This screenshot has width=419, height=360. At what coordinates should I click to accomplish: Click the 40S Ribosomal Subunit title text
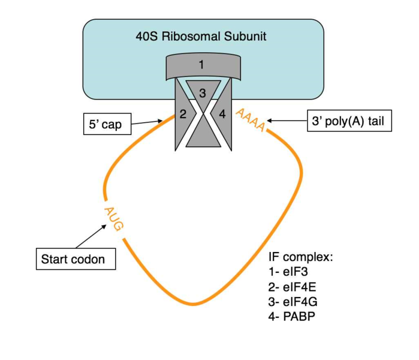click(x=201, y=37)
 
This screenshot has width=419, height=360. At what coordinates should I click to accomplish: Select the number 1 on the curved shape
click(x=201, y=64)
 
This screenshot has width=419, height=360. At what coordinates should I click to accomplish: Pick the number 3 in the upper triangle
click(x=203, y=93)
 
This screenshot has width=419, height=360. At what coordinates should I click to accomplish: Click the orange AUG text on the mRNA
click(x=113, y=218)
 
